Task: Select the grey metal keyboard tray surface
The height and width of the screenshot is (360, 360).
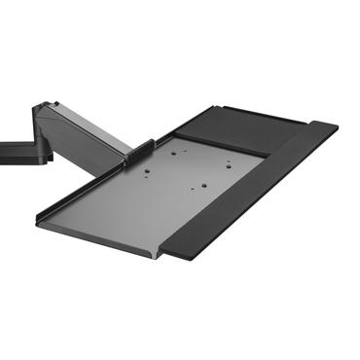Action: (146, 199)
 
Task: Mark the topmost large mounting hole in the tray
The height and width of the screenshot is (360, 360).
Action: (175, 151)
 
